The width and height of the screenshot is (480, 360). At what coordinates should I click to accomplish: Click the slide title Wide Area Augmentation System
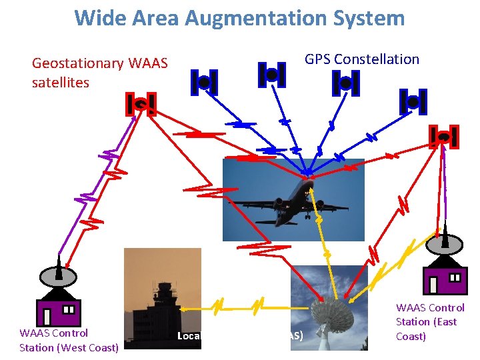239,17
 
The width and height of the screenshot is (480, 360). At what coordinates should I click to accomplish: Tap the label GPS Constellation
362,59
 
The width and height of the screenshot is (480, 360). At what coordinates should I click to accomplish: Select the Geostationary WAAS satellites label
100,73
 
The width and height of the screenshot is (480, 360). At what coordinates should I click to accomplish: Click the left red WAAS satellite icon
141,104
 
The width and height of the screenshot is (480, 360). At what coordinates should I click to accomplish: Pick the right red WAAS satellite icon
444,137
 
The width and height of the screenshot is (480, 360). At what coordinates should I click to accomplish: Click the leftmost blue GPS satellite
204,82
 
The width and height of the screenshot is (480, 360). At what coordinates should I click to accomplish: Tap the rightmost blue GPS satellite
413,101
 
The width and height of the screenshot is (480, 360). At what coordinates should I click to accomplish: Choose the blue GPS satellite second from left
271,75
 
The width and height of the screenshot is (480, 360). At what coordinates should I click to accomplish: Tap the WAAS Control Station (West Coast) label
69,340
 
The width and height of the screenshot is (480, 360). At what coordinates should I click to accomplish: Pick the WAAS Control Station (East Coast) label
430,322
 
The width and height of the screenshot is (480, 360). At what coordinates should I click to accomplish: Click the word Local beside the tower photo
189,335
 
